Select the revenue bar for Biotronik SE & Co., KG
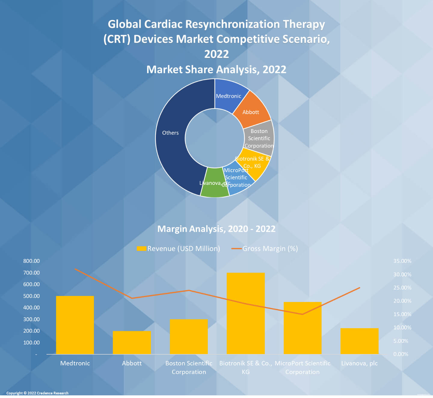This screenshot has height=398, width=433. tap(246, 313)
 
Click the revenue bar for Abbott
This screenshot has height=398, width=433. tap(132, 342)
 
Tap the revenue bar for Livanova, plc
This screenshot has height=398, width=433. tap(359, 341)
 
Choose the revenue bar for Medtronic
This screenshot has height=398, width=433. tap(75, 325)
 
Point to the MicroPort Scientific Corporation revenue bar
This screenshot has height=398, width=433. tap(302, 328)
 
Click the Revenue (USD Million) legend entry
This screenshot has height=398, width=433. tap(179, 249)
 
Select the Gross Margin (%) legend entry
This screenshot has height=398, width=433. tap(265, 249)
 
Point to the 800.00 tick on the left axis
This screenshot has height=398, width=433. tap(32, 261)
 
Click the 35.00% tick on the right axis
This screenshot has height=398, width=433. tap(402, 261)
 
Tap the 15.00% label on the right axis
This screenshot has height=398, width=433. tap(402, 314)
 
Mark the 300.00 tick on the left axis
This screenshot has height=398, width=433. tap(32, 319)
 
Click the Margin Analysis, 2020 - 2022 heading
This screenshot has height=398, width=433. tap(216, 229)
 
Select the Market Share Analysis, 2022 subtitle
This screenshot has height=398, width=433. tap(216, 70)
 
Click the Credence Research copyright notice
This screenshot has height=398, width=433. tap(37, 393)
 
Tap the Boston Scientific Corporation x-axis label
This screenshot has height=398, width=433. tap(189, 367)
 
